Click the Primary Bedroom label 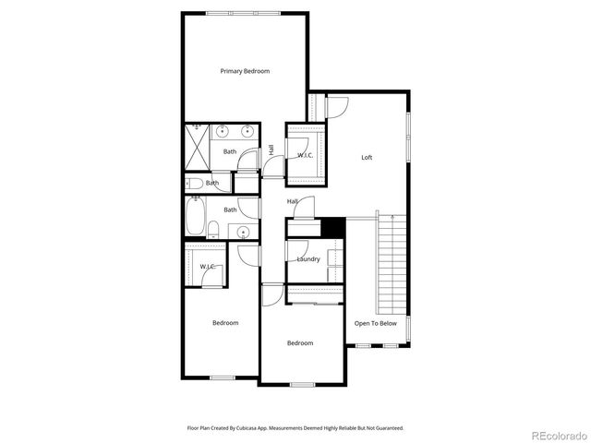245,71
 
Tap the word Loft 367,157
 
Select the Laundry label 308,259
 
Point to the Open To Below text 376,323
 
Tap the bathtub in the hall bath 196,217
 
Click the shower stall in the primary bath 198,147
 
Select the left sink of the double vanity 223,130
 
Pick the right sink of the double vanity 247,130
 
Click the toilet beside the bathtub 213,230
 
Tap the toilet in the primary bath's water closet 196,183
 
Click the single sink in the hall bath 244,231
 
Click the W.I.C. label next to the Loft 306,155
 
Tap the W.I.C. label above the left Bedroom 208,267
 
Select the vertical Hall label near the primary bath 271,150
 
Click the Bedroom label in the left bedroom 225,323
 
